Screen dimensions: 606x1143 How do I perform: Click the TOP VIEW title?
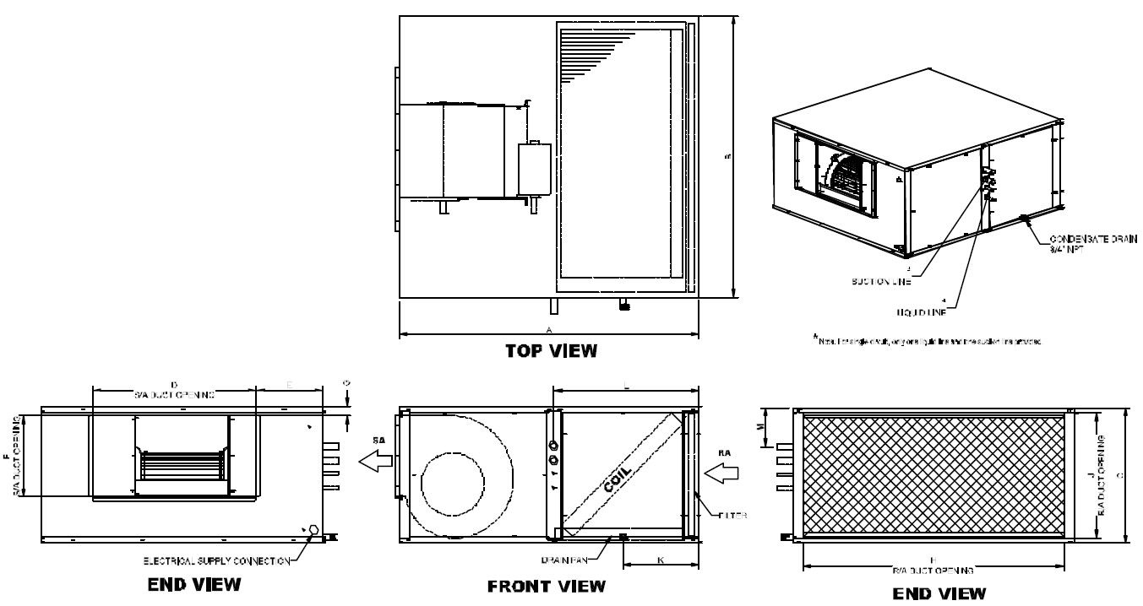click(550, 351)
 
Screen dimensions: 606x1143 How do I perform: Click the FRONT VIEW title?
click(547, 586)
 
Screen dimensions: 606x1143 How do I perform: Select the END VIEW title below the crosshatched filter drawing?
click(939, 593)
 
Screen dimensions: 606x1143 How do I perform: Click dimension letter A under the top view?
click(549, 328)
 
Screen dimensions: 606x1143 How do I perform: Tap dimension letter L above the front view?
click(624, 385)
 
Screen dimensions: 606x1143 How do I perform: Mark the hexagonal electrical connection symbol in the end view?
click(313, 530)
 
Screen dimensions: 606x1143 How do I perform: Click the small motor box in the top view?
click(534, 168)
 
